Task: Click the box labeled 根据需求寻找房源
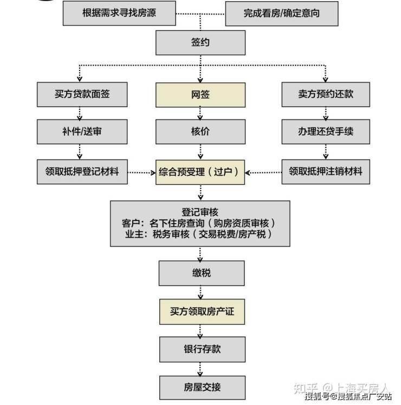coord(119,13)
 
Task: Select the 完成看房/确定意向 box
coord(281,13)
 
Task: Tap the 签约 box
coord(200,42)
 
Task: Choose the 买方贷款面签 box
coord(82,94)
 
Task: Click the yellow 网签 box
coord(200,94)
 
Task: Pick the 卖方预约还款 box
coord(326,94)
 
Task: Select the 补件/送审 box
coord(82,131)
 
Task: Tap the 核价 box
coord(200,131)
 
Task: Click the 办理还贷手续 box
coord(326,131)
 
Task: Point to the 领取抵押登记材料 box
coord(82,172)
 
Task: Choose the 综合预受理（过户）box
coord(200,172)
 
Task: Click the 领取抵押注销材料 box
coord(326,172)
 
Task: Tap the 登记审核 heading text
coord(200,212)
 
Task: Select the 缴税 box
coord(201,273)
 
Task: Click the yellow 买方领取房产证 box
coord(201,312)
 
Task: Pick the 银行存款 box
coord(201,349)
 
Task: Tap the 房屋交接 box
coord(201,388)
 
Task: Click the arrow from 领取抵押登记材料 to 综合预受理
coord(141,173)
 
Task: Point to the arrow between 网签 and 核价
coord(200,113)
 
